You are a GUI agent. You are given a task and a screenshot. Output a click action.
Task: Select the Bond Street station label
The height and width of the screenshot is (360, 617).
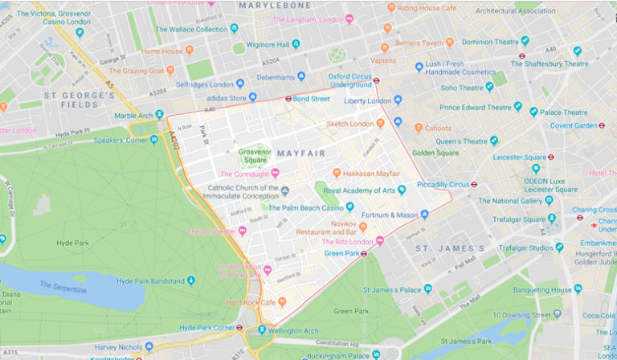pyautogui.click(x=311, y=99)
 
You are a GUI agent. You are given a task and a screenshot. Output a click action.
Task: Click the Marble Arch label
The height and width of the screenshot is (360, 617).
pyautogui.click(x=133, y=115)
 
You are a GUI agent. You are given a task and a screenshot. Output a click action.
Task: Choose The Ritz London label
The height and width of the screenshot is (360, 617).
pyautogui.click(x=349, y=241)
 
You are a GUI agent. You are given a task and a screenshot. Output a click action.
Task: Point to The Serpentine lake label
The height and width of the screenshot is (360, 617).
pyautogui.click(x=66, y=286)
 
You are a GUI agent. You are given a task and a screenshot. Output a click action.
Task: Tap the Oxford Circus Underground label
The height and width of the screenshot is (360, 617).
pyautogui.click(x=349, y=80)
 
